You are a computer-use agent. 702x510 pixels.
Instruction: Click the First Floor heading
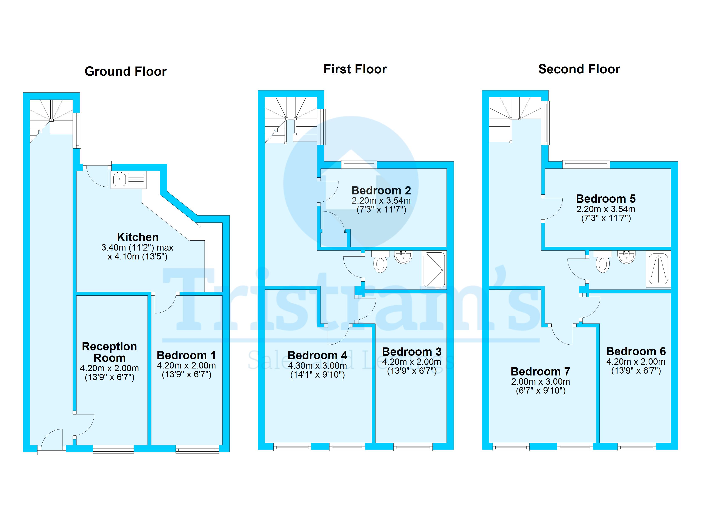coord(355,69)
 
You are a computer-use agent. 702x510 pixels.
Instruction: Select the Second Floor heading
coord(579,69)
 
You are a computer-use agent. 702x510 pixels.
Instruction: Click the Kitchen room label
coord(138,237)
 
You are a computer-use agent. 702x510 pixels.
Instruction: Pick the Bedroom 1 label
coord(186,355)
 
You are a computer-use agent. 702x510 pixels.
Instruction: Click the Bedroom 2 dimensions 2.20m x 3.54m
coord(381,200)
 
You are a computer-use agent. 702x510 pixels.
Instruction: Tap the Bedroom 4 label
coord(317,355)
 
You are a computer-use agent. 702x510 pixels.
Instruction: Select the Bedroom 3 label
coord(412,352)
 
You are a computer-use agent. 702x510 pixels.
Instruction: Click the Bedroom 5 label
coord(605,198)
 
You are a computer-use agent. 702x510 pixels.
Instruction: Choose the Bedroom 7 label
coord(540,371)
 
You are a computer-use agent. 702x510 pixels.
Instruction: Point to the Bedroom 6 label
coord(636,351)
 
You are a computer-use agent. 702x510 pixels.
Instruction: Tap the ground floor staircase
coord(51,119)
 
